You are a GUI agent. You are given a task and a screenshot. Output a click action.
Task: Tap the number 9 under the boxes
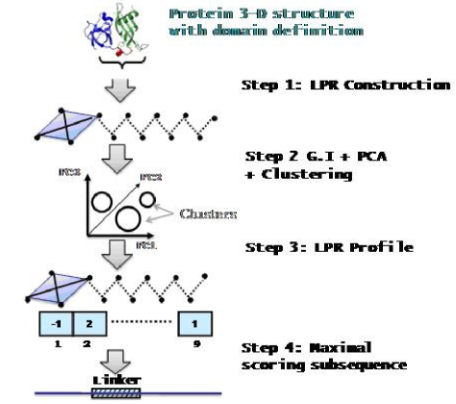click(195, 343)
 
